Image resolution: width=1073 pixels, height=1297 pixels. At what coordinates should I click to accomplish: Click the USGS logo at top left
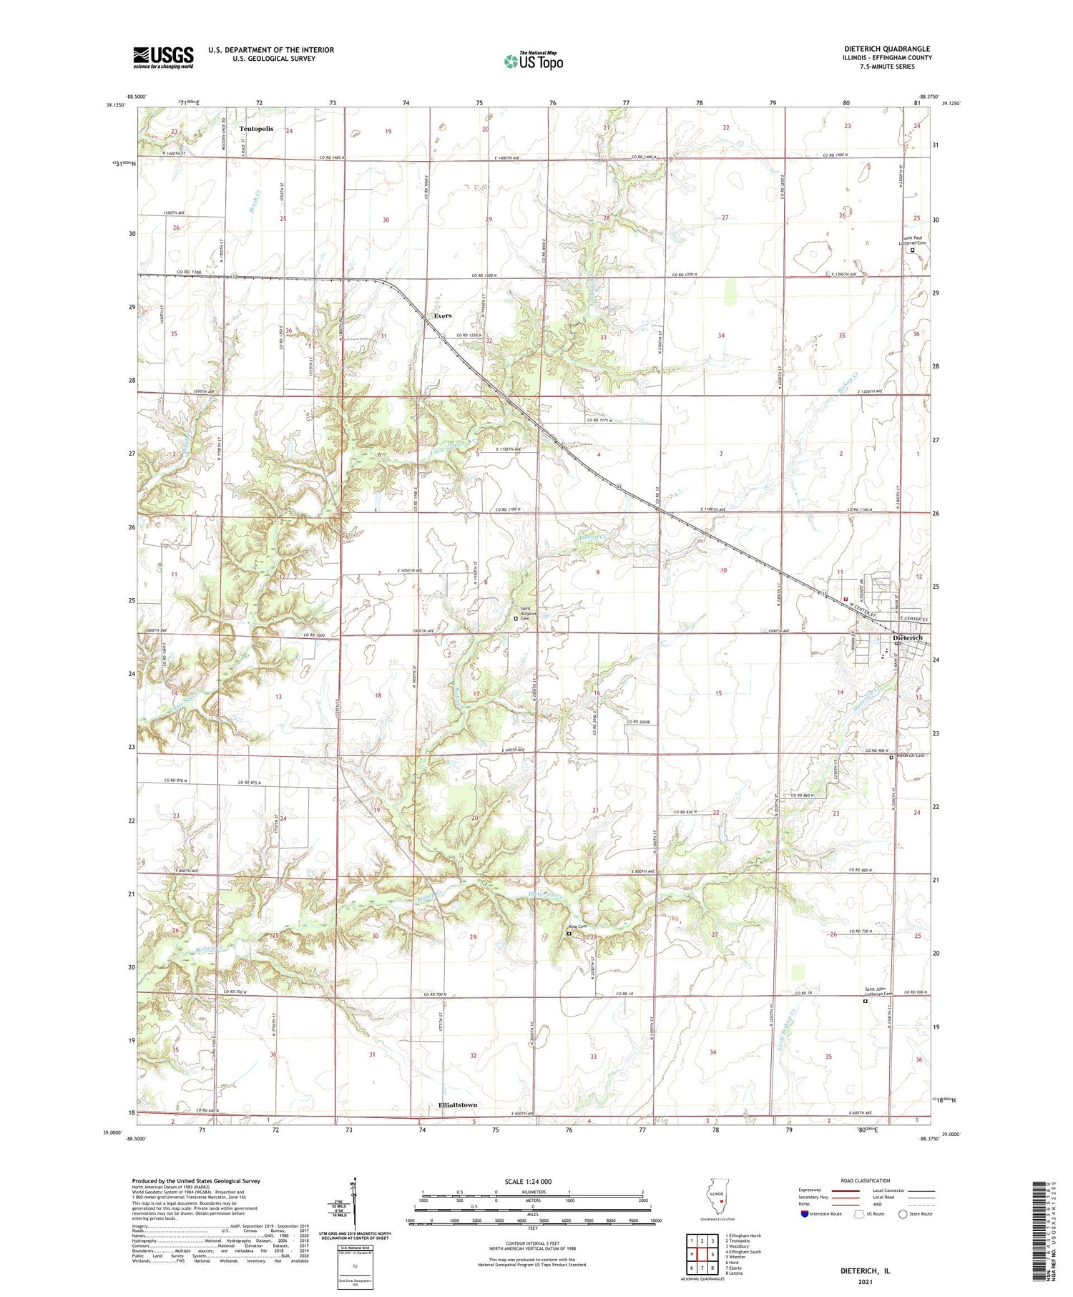coord(163,57)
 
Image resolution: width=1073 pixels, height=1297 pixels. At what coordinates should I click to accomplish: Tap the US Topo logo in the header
coord(534,61)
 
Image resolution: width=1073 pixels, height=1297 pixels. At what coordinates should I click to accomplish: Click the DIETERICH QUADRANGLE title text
coord(887,49)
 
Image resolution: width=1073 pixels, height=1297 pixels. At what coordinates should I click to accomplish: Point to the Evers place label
coord(443,315)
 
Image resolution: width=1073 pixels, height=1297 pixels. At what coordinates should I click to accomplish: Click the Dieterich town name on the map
coord(907,637)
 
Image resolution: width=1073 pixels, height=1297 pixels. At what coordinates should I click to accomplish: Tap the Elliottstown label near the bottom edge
coord(457,1105)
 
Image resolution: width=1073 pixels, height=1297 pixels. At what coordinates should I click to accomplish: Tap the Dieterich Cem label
coord(910,756)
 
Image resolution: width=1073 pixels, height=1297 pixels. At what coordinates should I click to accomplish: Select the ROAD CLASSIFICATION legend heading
coord(866,1180)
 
